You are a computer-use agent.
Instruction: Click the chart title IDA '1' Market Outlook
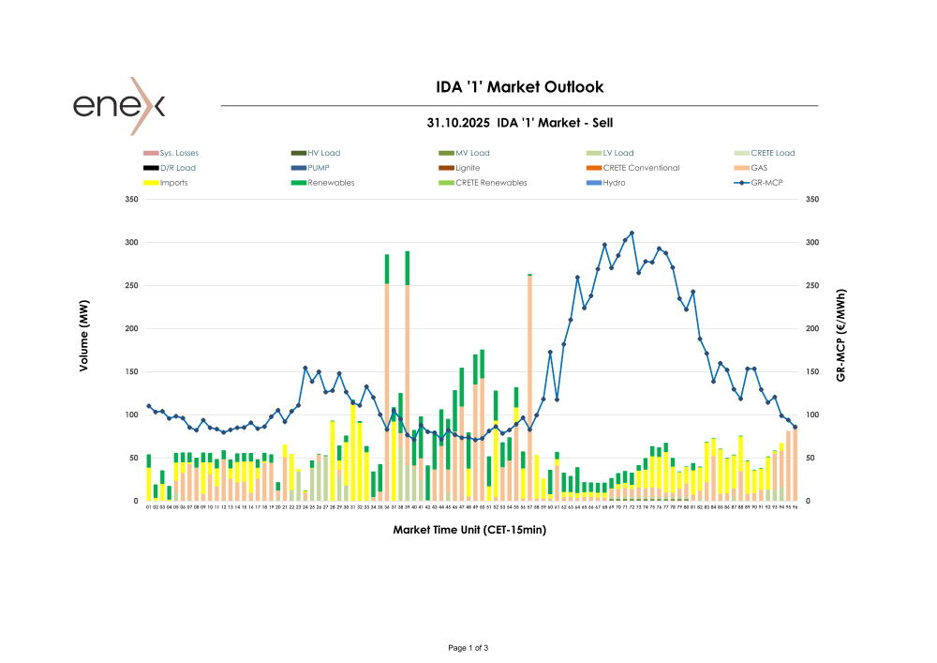coord(520,87)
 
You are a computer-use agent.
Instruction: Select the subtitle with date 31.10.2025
coord(520,123)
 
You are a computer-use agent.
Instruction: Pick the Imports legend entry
coord(173,183)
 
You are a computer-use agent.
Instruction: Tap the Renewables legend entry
coord(331,183)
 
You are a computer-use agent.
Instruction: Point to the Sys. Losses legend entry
coord(179,153)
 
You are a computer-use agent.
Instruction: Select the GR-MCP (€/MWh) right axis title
coord(841,334)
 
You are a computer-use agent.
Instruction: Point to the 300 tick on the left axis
coord(129,243)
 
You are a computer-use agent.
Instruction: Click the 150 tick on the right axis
coord(811,372)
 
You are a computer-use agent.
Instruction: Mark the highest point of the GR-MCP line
coord(632,233)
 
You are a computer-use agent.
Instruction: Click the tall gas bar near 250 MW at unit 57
coord(530,375)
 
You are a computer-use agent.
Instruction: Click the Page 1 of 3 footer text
coord(468,648)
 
